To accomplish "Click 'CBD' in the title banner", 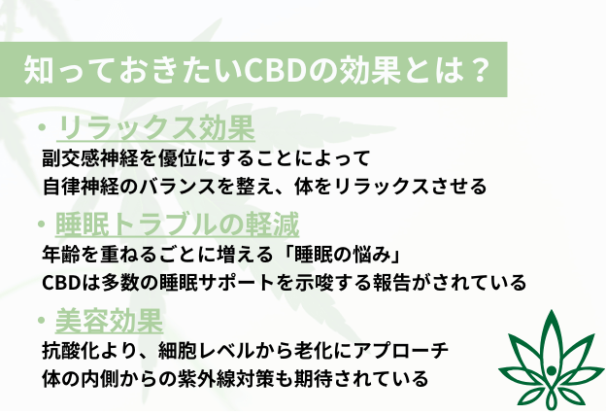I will coord(271,69).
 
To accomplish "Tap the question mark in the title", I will coord(474,69).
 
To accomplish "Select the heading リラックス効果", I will coord(155,128).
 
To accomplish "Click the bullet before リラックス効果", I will coord(40,128).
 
